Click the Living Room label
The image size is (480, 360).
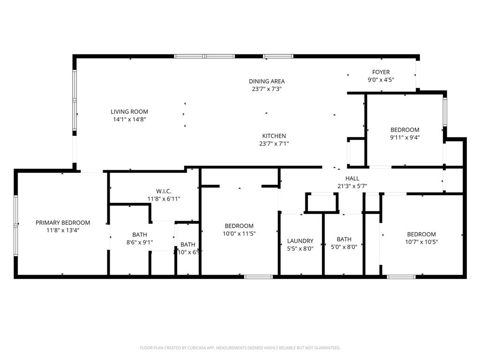[x=129, y=112]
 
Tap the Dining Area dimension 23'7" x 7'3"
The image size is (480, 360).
[x=267, y=89]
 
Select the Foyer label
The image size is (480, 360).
[x=381, y=72]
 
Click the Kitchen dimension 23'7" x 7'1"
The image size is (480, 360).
[x=274, y=144]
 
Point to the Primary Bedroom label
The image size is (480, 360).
[x=63, y=223]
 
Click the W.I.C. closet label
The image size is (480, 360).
[x=164, y=191]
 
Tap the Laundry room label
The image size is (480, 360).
[x=300, y=241]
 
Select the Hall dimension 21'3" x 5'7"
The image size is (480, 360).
[x=352, y=186]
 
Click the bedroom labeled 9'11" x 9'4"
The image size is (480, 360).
[x=405, y=130]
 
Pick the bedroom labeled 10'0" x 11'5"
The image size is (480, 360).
[x=239, y=225]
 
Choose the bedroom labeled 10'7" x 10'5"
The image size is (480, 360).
[x=421, y=234]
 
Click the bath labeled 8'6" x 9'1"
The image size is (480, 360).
[x=139, y=234]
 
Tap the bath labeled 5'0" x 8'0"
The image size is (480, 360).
[x=344, y=239]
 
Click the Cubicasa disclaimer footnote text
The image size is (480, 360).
[x=240, y=348]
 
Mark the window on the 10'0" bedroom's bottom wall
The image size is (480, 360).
[x=259, y=277]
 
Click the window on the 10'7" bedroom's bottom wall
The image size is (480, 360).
[x=401, y=277]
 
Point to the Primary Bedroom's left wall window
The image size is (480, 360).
[x=16, y=226]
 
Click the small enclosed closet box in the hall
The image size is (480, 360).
[x=322, y=202]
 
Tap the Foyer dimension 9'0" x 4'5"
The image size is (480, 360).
[x=381, y=80]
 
